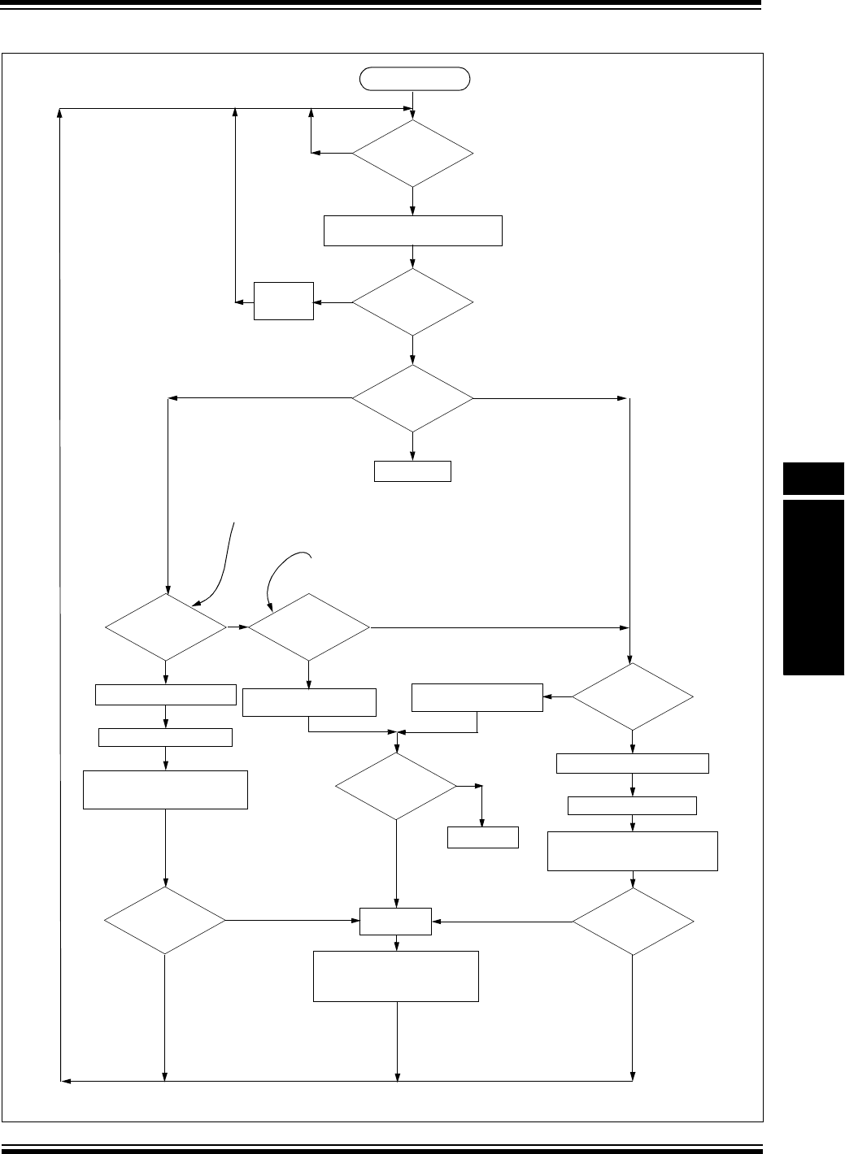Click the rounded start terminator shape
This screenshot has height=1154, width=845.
coord(415,79)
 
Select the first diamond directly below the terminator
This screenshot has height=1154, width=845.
coord(413,153)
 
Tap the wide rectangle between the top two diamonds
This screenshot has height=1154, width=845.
coord(413,231)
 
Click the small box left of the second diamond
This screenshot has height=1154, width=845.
coord(284,302)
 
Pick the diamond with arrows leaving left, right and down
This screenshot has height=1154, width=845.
coord(413,398)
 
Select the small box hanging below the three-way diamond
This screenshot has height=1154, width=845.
coord(412,471)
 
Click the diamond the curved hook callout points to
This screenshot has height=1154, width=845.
coord(308,627)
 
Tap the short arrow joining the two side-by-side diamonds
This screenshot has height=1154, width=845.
coord(237,627)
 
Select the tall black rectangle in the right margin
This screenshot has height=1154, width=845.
coord(813,587)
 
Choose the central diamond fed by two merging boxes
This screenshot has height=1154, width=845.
coord(396,786)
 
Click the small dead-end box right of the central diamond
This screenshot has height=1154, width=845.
coord(483,837)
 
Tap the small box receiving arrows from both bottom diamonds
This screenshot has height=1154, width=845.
coord(396,922)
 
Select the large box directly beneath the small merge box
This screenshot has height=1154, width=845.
coord(396,976)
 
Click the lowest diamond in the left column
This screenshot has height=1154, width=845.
coord(166,921)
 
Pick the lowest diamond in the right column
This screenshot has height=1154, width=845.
coord(633,922)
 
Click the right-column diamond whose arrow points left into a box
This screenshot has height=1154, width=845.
coord(633,696)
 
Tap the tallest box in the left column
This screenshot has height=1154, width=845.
coord(166,789)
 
